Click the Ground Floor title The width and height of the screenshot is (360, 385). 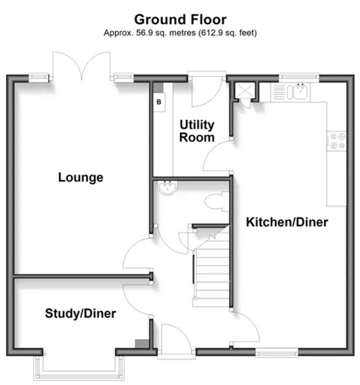click(180, 20)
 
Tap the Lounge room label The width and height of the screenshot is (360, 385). click(81, 177)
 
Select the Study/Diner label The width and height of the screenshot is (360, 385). click(80, 313)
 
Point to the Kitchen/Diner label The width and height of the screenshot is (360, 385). click(287, 222)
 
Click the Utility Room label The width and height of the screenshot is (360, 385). click(197, 131)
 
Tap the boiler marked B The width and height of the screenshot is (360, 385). click(159, 102)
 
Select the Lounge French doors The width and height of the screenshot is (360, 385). click(82, 66)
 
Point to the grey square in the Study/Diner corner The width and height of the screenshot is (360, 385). click(140, 343)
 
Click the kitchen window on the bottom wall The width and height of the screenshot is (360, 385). click(276, 354)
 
